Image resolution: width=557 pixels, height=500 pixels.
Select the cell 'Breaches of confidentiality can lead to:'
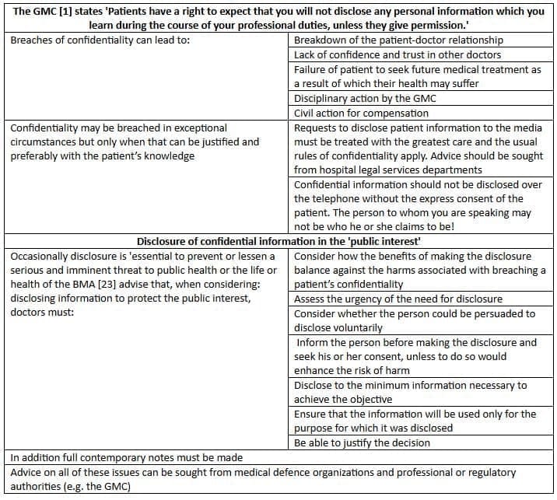click(x=101, y=40)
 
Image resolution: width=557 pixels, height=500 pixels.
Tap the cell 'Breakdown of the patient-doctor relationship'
click(x=398, y=40)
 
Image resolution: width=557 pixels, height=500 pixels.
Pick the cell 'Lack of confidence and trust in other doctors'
click(x=397, y=54)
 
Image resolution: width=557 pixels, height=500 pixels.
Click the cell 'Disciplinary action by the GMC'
click(x=365, y=98)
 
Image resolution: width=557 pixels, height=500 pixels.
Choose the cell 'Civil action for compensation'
click(x=361, y=113)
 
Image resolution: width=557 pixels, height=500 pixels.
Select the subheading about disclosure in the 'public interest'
click(x=278, y=241)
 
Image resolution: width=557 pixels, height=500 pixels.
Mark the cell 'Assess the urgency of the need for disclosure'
click(x=398, y=299)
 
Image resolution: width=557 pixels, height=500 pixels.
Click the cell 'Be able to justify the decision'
click(x=362, y=442)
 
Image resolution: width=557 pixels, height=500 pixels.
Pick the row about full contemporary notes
click(x=126, y=458)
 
